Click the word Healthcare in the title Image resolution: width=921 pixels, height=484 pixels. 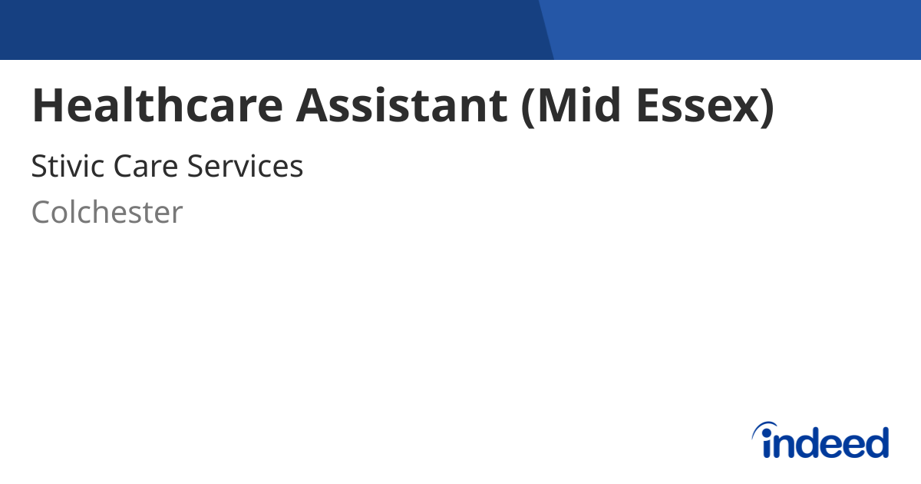pos(157,105)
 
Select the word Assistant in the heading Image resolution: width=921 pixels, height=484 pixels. pos(401,105)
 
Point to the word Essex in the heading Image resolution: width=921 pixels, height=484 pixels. pos(698,105)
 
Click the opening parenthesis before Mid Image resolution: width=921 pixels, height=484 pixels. pos(528,107)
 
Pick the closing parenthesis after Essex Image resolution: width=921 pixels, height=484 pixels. pos(767,107)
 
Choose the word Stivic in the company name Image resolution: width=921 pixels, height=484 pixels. pos(68,166)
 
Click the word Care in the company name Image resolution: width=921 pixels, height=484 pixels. pos(146,166)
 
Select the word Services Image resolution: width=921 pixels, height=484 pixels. pos(245,166)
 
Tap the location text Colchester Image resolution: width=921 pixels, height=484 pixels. pos(107,212)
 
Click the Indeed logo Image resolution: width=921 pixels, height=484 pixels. pos(820,440)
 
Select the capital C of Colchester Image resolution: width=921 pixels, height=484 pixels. pos(43,212)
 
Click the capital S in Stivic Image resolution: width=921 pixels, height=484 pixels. pos(40,166)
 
